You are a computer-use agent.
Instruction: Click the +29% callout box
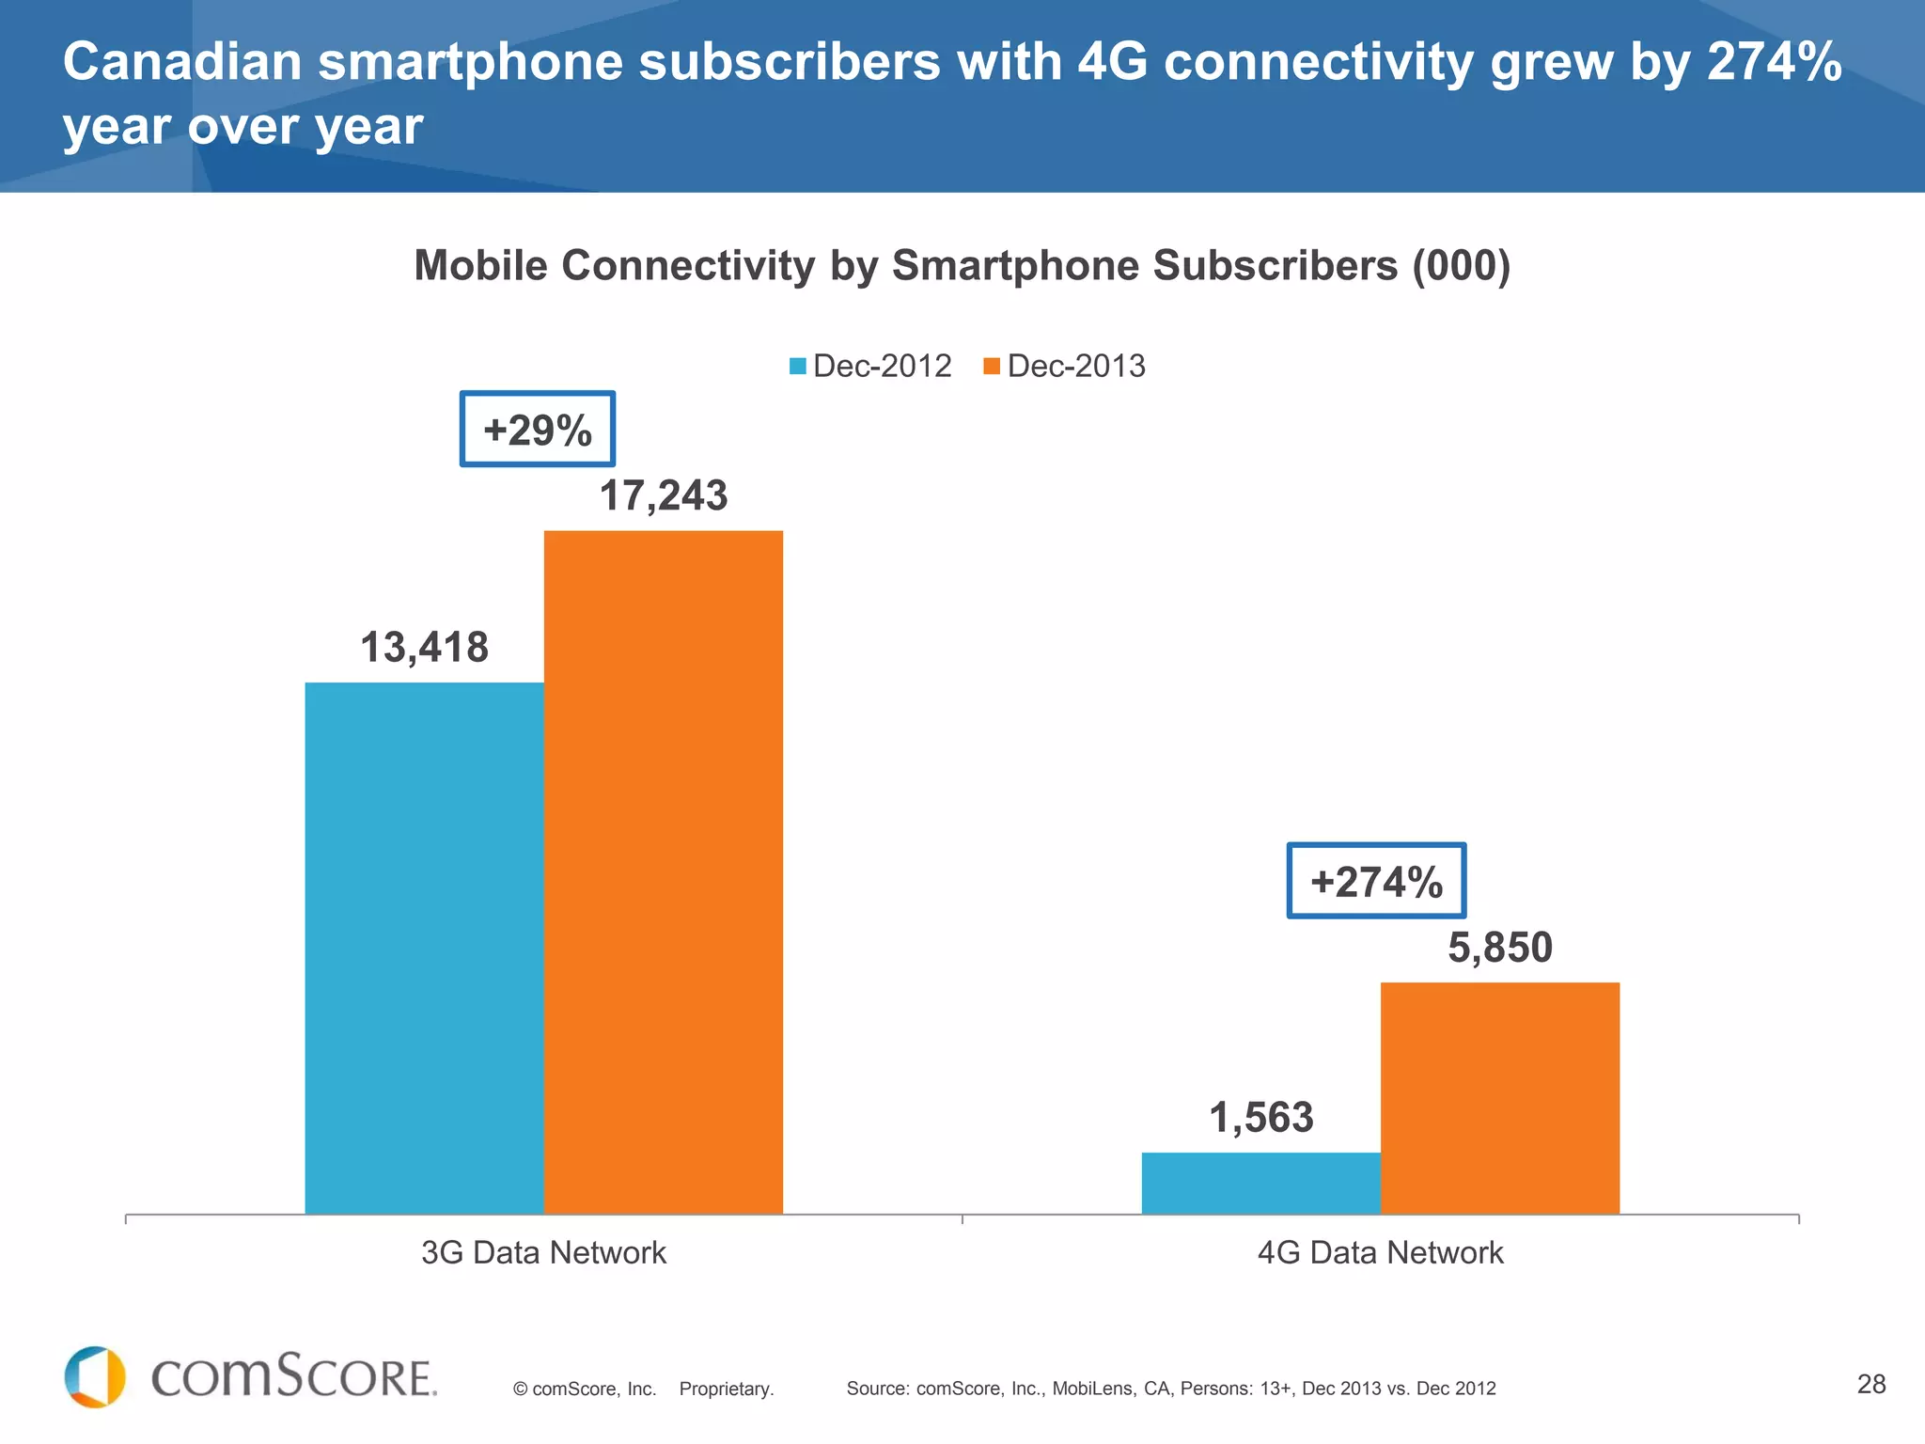[x=537, y=430]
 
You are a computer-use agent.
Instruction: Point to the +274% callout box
[x=1375, y=881]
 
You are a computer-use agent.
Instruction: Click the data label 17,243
[x=663, y=495]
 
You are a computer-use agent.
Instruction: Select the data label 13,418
[x=424, y=647]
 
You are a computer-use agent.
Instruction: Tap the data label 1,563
[x=1260, y=1117]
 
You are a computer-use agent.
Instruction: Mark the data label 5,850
[x=1499, y=947]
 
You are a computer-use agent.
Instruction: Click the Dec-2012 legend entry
[x=870, y=366]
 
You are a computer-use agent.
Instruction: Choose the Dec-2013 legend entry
[x=1065, y=366]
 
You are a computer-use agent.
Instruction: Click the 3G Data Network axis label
[x=543, y=1252]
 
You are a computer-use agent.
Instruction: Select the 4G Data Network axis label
[x=1380, y=1252]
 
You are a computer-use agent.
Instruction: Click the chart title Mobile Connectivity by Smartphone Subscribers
[x=962, y=265]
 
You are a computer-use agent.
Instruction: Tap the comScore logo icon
[x=95, y=1377]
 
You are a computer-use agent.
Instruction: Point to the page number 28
[x=1870, y=1384]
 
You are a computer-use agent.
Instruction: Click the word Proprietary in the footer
[x=726, y=1389]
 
